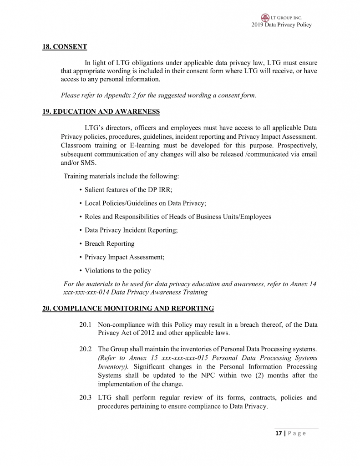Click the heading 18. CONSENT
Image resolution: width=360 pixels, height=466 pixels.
click(65, 46)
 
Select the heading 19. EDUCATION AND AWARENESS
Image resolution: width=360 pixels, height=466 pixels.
click(101, 111)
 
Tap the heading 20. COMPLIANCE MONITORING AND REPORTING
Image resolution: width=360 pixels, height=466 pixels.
click(128, 309)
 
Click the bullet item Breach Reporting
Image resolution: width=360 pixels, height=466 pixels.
click(109, 243)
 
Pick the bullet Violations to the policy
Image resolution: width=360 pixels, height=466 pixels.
click(117, 270)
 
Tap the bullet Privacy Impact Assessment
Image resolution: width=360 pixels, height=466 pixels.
click(124, 257)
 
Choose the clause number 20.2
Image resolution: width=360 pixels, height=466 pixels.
click(86, 349)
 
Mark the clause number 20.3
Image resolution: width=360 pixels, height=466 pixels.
click(86, 398)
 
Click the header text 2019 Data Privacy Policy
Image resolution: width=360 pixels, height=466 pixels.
click(281, 25)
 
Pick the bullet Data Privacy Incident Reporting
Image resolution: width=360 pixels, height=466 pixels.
click(131, 230)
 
